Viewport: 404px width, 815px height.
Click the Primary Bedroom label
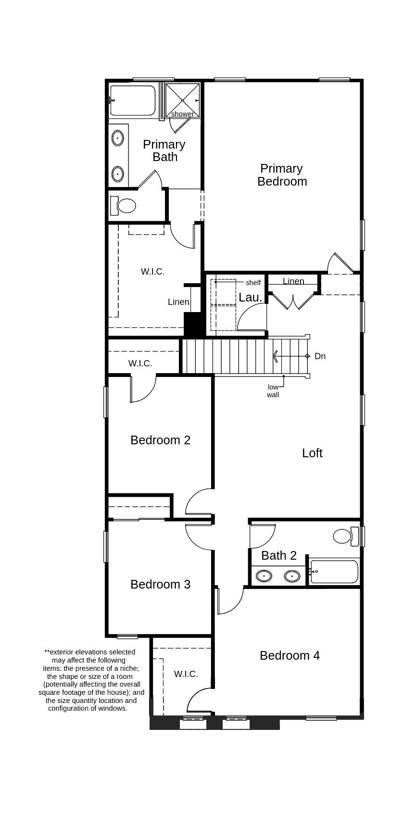282,175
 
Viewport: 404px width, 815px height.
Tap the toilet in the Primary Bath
124,206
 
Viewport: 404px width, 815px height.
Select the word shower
182,114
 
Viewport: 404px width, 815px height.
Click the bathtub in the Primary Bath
133,100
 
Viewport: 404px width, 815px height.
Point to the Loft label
312,453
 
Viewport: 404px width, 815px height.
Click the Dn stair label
320,356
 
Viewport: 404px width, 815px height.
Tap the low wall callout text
273,391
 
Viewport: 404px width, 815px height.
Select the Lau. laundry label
251,297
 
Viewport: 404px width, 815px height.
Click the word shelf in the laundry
253,283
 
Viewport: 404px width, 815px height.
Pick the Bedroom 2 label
160,440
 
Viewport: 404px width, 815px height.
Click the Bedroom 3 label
160,584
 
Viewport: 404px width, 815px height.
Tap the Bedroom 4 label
290,655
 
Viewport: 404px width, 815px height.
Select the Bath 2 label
279,555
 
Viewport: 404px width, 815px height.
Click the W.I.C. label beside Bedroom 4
186,674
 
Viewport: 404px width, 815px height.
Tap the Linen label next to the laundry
293,281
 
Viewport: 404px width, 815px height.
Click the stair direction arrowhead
276,356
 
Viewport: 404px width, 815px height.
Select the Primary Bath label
164,150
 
